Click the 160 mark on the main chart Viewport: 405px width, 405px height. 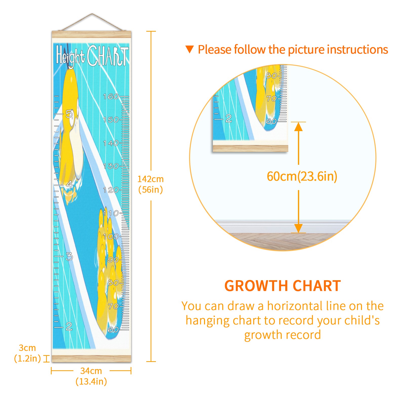[111, 97]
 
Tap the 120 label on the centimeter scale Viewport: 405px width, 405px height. [111, 190]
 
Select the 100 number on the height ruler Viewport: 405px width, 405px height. [111, 237]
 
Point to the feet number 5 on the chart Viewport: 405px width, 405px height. [69, 114]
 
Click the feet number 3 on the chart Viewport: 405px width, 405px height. [69, 257]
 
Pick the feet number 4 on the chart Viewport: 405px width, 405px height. [69, 185]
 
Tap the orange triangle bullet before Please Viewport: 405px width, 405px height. [189, 49]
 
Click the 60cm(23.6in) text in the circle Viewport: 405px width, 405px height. [302, 176]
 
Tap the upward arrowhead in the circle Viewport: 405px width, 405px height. [298, 127]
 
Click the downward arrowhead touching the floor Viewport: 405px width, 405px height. [298, 228]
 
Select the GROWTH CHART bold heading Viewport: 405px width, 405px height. [282, 286]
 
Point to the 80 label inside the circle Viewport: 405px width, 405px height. [271, 76]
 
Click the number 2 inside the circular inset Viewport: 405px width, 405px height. [229, 118]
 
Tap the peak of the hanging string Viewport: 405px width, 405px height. [92, 14]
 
